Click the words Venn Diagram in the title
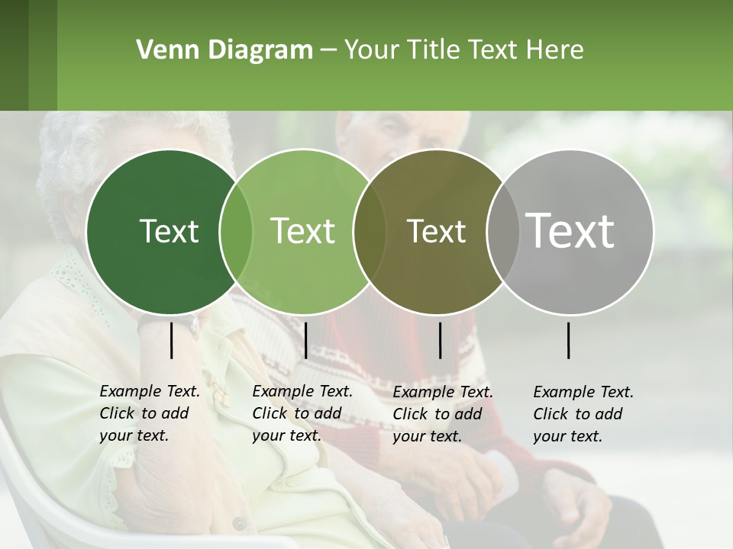224,50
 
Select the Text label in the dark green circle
169,231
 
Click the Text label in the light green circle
302,231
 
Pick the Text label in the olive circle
436,231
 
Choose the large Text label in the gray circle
570,231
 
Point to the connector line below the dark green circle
172,339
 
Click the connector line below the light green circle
305,339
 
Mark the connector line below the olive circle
441,339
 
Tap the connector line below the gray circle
569,339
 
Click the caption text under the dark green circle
149,413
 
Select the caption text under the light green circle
302,413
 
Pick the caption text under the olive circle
442,414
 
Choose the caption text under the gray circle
583,414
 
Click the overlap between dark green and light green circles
236,232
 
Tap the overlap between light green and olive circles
370,232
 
